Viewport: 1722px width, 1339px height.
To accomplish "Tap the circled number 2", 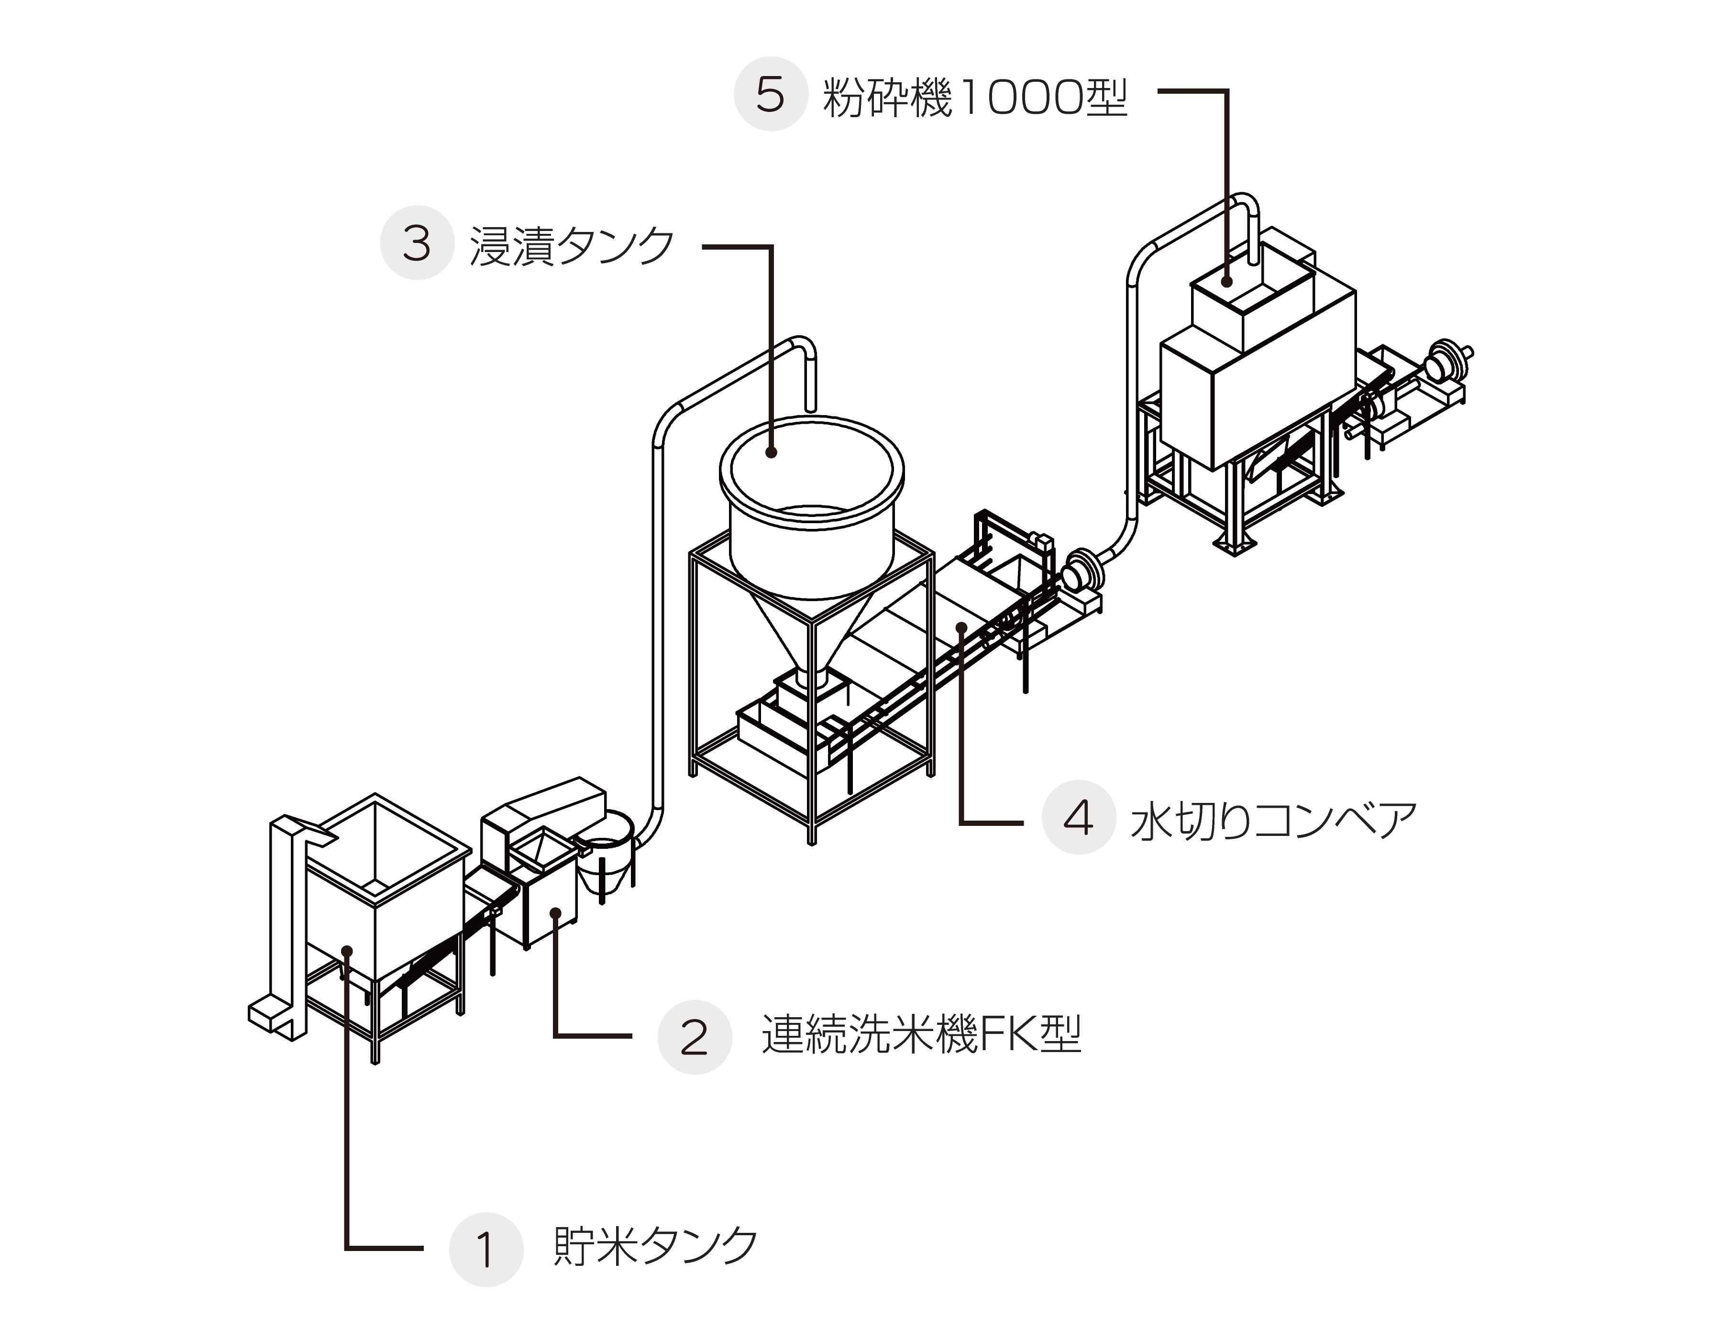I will point(695,1037).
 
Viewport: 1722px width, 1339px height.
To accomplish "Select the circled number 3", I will point(417,243).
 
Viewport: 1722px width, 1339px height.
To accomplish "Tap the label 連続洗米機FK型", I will point(921,1034).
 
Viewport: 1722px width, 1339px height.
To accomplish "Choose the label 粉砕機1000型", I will point(974,97).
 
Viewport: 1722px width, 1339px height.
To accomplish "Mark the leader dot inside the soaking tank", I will point(772,452).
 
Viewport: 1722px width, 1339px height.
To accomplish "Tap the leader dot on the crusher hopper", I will point(1227,281).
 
